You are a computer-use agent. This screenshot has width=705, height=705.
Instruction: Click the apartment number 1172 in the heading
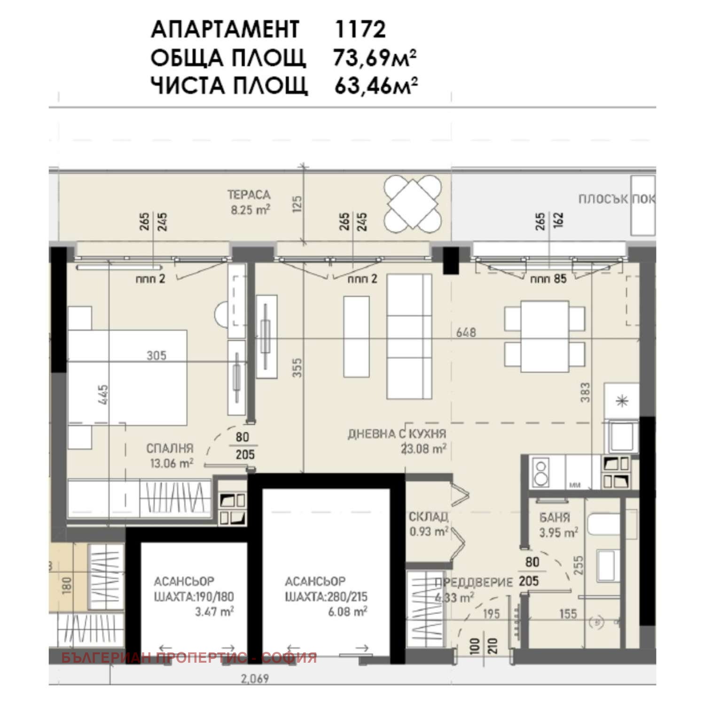coord(360,29)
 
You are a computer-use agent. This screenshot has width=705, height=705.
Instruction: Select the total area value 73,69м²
coord(375,58)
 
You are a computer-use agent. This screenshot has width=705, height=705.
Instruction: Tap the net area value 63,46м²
coord(376,86)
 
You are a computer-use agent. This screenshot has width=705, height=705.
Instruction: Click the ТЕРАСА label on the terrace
coord(249,195)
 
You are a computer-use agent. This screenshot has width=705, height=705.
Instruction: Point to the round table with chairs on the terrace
coord(413,202)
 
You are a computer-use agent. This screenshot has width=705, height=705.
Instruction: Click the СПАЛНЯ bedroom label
coord(170,448)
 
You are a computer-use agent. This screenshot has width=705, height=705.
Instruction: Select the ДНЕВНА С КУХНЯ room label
coord(397,434)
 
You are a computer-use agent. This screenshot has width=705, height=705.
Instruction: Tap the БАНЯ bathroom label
coord(555,517)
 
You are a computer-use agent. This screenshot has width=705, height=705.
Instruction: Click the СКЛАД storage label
coord(428,517)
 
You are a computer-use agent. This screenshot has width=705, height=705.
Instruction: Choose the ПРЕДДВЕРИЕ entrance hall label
coord(473,583)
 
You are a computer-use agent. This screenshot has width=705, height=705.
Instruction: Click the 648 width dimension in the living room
coord(466,332)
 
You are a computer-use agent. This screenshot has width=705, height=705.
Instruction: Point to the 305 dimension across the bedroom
coord(156,355)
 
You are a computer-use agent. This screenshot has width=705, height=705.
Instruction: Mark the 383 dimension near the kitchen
coord(585,392)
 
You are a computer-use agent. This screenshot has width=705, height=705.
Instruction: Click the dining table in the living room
coord(545,337)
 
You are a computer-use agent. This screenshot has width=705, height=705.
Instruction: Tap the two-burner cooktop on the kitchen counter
coord(541,472)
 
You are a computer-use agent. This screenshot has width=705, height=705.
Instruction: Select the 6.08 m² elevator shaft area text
coord(347,612)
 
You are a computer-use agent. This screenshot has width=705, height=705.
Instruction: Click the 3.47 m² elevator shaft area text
coord(214,612)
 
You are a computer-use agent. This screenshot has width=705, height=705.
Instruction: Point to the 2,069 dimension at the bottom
coord(255,679)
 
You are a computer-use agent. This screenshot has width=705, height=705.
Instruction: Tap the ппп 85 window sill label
coord(548,279)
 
